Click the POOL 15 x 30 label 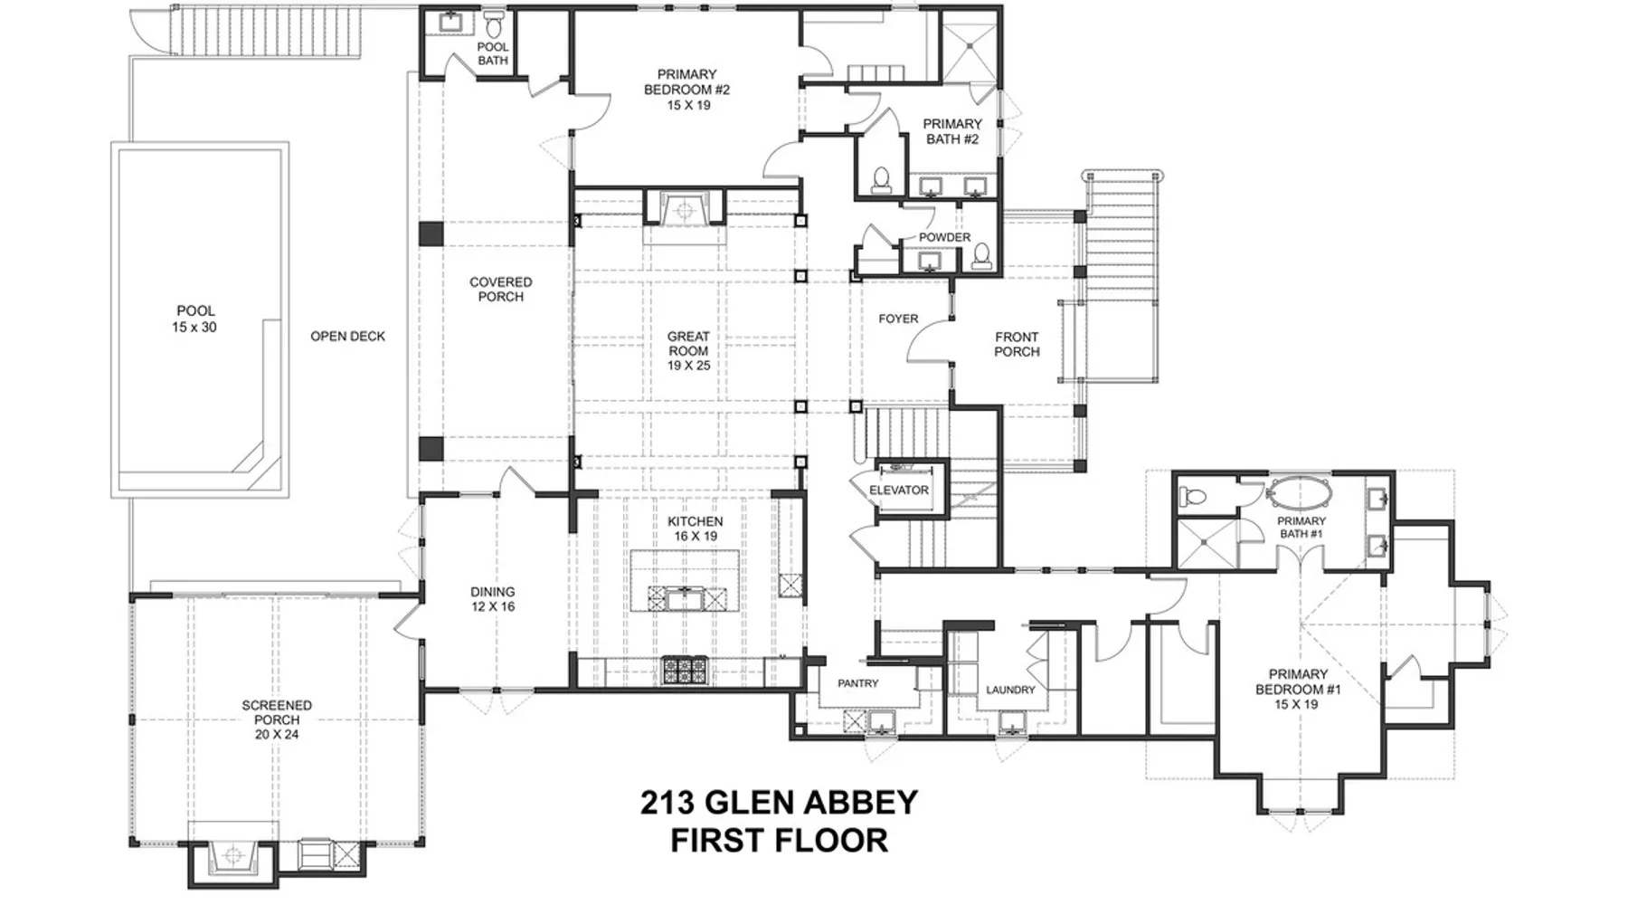(x=195, y=319)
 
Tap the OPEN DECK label (x=347, y=336)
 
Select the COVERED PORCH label (x=500, y=290)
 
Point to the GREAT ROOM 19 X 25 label (x=688, y=351)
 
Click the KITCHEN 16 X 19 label (x=695, y=529)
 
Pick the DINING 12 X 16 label (x=493, y=599)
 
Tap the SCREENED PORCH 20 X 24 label (x=277, y=719)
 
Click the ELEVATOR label (x=898, y=491)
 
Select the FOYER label (x=898, y=319)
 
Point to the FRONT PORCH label (x=1017, y=344)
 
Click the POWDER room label (x=944, y=237)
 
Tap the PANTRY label (x=857, y=683)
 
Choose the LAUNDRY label (x=1010, y=690)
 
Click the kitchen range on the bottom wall (x=686, y=670)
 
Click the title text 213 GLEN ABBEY (x=779, y=802)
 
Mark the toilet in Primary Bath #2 (x=882, y=179)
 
